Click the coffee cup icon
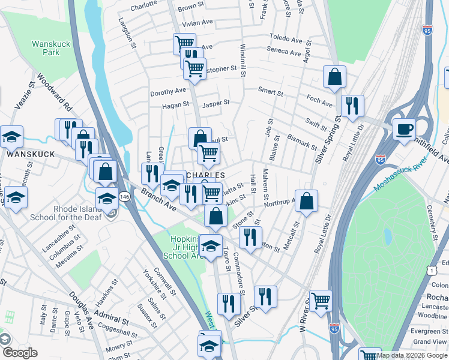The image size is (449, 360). [404, 129]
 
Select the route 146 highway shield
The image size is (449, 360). [123, 196]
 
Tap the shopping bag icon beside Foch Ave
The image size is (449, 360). [334, 77]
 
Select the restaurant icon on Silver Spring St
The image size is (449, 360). [352, 106]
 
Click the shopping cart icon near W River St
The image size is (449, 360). [321, 300]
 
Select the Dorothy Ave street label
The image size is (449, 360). [169, 91]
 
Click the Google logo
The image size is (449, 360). [20, 353]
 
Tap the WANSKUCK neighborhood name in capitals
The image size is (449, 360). [26, 154]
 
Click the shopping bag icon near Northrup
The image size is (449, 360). [306, 202]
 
